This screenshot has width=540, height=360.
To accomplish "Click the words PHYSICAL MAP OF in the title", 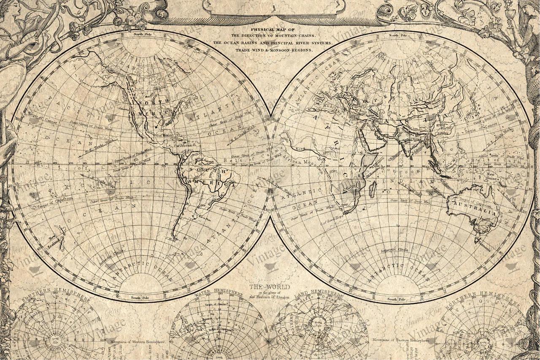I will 270,30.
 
